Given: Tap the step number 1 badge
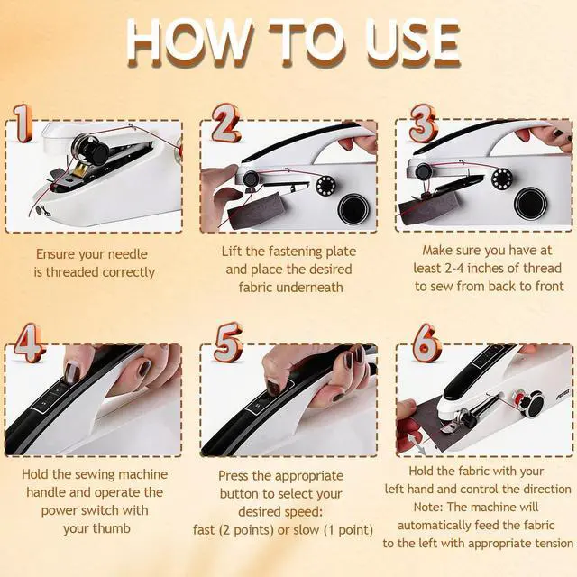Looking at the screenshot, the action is (23, 124).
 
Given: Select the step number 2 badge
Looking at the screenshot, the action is (225, 123).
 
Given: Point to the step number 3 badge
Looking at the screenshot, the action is (423, 124).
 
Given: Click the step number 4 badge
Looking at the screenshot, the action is (30, 343).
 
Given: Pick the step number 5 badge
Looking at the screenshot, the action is (228, 343).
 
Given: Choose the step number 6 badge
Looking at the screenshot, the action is (426, 343).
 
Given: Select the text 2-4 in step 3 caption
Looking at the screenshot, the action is (454, 269).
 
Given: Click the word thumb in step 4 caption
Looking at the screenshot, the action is (113, 528).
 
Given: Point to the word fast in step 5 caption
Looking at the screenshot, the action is (204, 530).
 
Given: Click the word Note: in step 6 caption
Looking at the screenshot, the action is (428, 507).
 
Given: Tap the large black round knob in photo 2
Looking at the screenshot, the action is (353, 209).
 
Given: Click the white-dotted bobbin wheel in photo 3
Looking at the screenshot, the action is (501, 179).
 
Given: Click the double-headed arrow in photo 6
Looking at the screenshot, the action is (417, 444).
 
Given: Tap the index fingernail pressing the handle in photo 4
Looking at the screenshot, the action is (73, 372).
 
